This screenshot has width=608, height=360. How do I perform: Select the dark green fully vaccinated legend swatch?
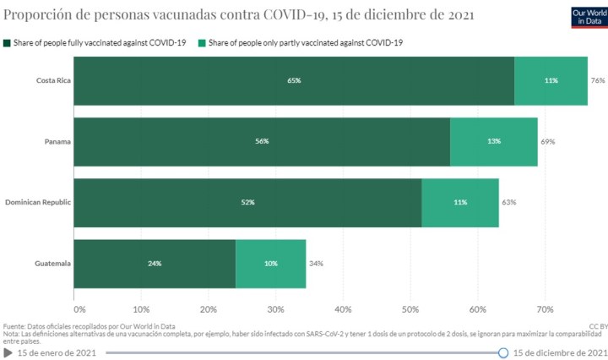(x=7, y=42)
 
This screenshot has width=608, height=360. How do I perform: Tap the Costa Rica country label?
(x=52, y=81)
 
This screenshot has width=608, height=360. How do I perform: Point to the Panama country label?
(x=57, y=142)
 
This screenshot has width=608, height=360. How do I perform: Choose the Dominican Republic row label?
(x=38, y=203)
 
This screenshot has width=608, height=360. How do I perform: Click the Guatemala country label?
(x=52, y=264)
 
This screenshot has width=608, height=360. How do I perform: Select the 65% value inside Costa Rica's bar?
(x=294, y=81)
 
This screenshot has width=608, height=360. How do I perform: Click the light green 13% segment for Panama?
(x=493, y=142)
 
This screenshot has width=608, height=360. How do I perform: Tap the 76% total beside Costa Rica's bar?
(x=598, y=81)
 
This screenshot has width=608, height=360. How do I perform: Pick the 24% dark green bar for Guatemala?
(x=155, y=264)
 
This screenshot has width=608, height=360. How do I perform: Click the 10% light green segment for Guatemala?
(x=270, y=264)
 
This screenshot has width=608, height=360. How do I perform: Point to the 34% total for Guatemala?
(x=316, y=264)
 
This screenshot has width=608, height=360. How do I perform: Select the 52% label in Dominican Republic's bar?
(x=247, y=203)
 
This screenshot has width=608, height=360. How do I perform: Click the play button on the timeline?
(x=8, y=352)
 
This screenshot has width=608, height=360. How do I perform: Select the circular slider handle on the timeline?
(x=503, y=352)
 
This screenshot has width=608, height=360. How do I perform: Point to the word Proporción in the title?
(x=38, y=14)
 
